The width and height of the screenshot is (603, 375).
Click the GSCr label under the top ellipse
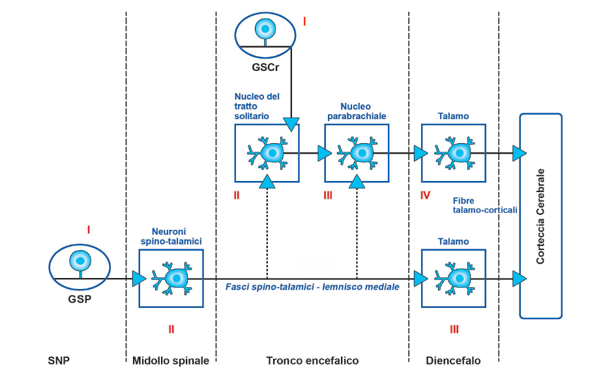pos(265,66)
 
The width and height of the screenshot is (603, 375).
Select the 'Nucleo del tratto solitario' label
pos(257,105)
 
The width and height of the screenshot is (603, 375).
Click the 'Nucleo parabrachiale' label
pos(356,111)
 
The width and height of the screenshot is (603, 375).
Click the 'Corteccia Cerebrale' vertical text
pos(540,217)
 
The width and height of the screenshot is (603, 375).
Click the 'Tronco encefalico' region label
pos(312,360)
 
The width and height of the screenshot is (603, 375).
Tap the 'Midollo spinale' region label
pos(171,360)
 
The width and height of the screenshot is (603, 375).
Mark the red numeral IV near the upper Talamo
pos(425,195)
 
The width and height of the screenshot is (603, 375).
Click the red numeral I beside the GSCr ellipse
pos(304,22)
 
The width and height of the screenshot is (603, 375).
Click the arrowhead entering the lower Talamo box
pos(421,279)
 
